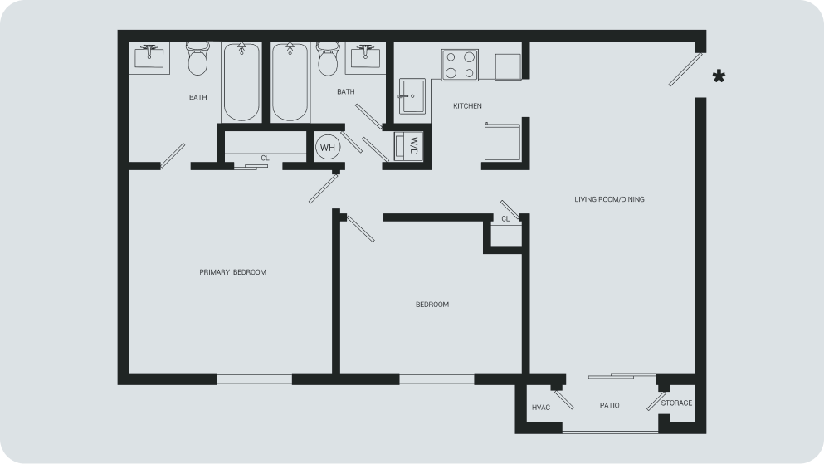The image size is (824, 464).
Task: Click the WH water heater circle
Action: tap(328, 148)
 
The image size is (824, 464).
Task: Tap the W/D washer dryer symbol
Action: tap(409, 146)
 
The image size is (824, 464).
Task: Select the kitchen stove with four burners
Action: tap(460, 66)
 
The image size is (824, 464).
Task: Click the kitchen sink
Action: tap(412, 96)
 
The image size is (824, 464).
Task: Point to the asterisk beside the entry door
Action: tap(719, 76)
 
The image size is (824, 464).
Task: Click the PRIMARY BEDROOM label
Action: tap(233, 272)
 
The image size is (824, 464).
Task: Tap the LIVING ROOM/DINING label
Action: tap(609, 199)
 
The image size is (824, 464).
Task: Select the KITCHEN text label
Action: tap(467, 106)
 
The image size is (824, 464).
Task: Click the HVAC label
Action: tap(541, 408)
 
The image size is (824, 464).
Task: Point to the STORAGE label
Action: tap(676, 403)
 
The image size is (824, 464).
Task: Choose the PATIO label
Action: tap(610, 406)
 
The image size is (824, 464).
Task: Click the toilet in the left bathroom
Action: tap(197, 58)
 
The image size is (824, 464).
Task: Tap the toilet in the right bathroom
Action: tap(328, 58)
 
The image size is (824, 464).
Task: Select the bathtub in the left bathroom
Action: tap(241, 82)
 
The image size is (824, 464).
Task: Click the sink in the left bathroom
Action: tap(149, 56)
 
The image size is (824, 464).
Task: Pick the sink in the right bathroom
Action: tap(366, 56)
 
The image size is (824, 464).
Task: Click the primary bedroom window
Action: tap(255, 379)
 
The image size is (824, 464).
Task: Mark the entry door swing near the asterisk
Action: tap(685, 70)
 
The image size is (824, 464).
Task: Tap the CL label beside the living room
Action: tap(505, 219)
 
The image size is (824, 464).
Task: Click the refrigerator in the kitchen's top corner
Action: tap(508, 66)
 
